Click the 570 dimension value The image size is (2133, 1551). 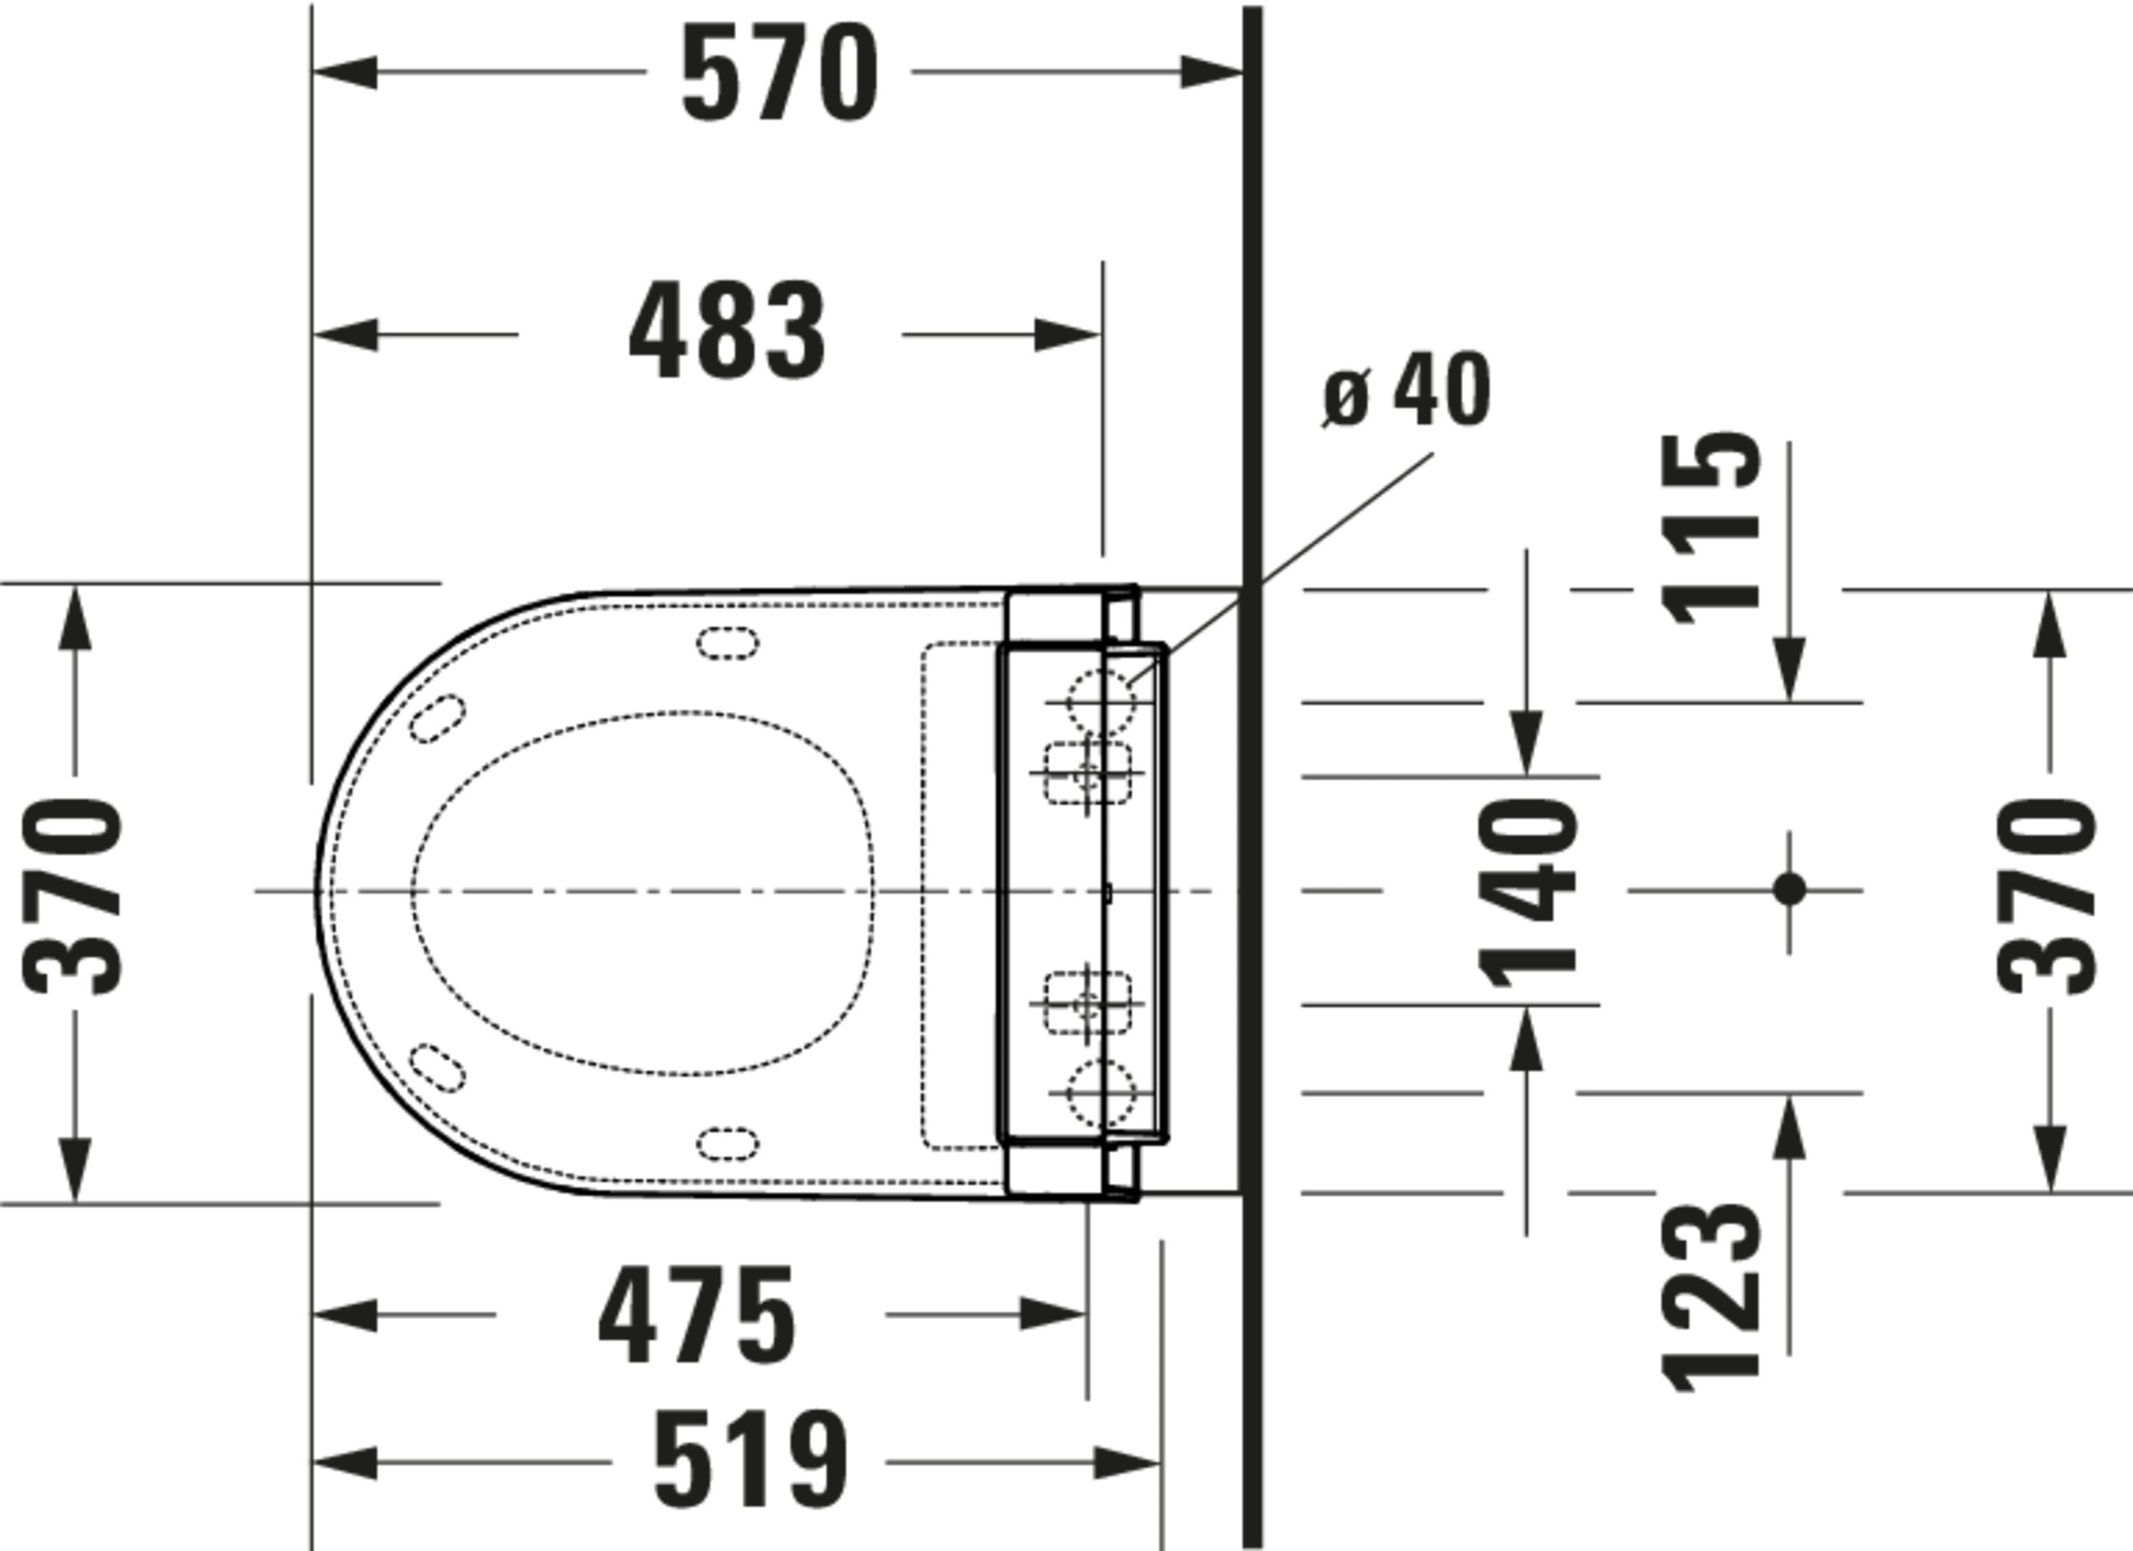[x=779, y=73]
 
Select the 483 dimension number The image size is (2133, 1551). [x=727, y=331]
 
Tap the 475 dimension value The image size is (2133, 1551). [x=696, y=1316]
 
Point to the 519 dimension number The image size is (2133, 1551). [x=749, y=1461]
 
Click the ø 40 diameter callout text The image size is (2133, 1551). [x=1406, y=390]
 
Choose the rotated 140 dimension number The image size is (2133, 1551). [x=1527, y=892]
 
